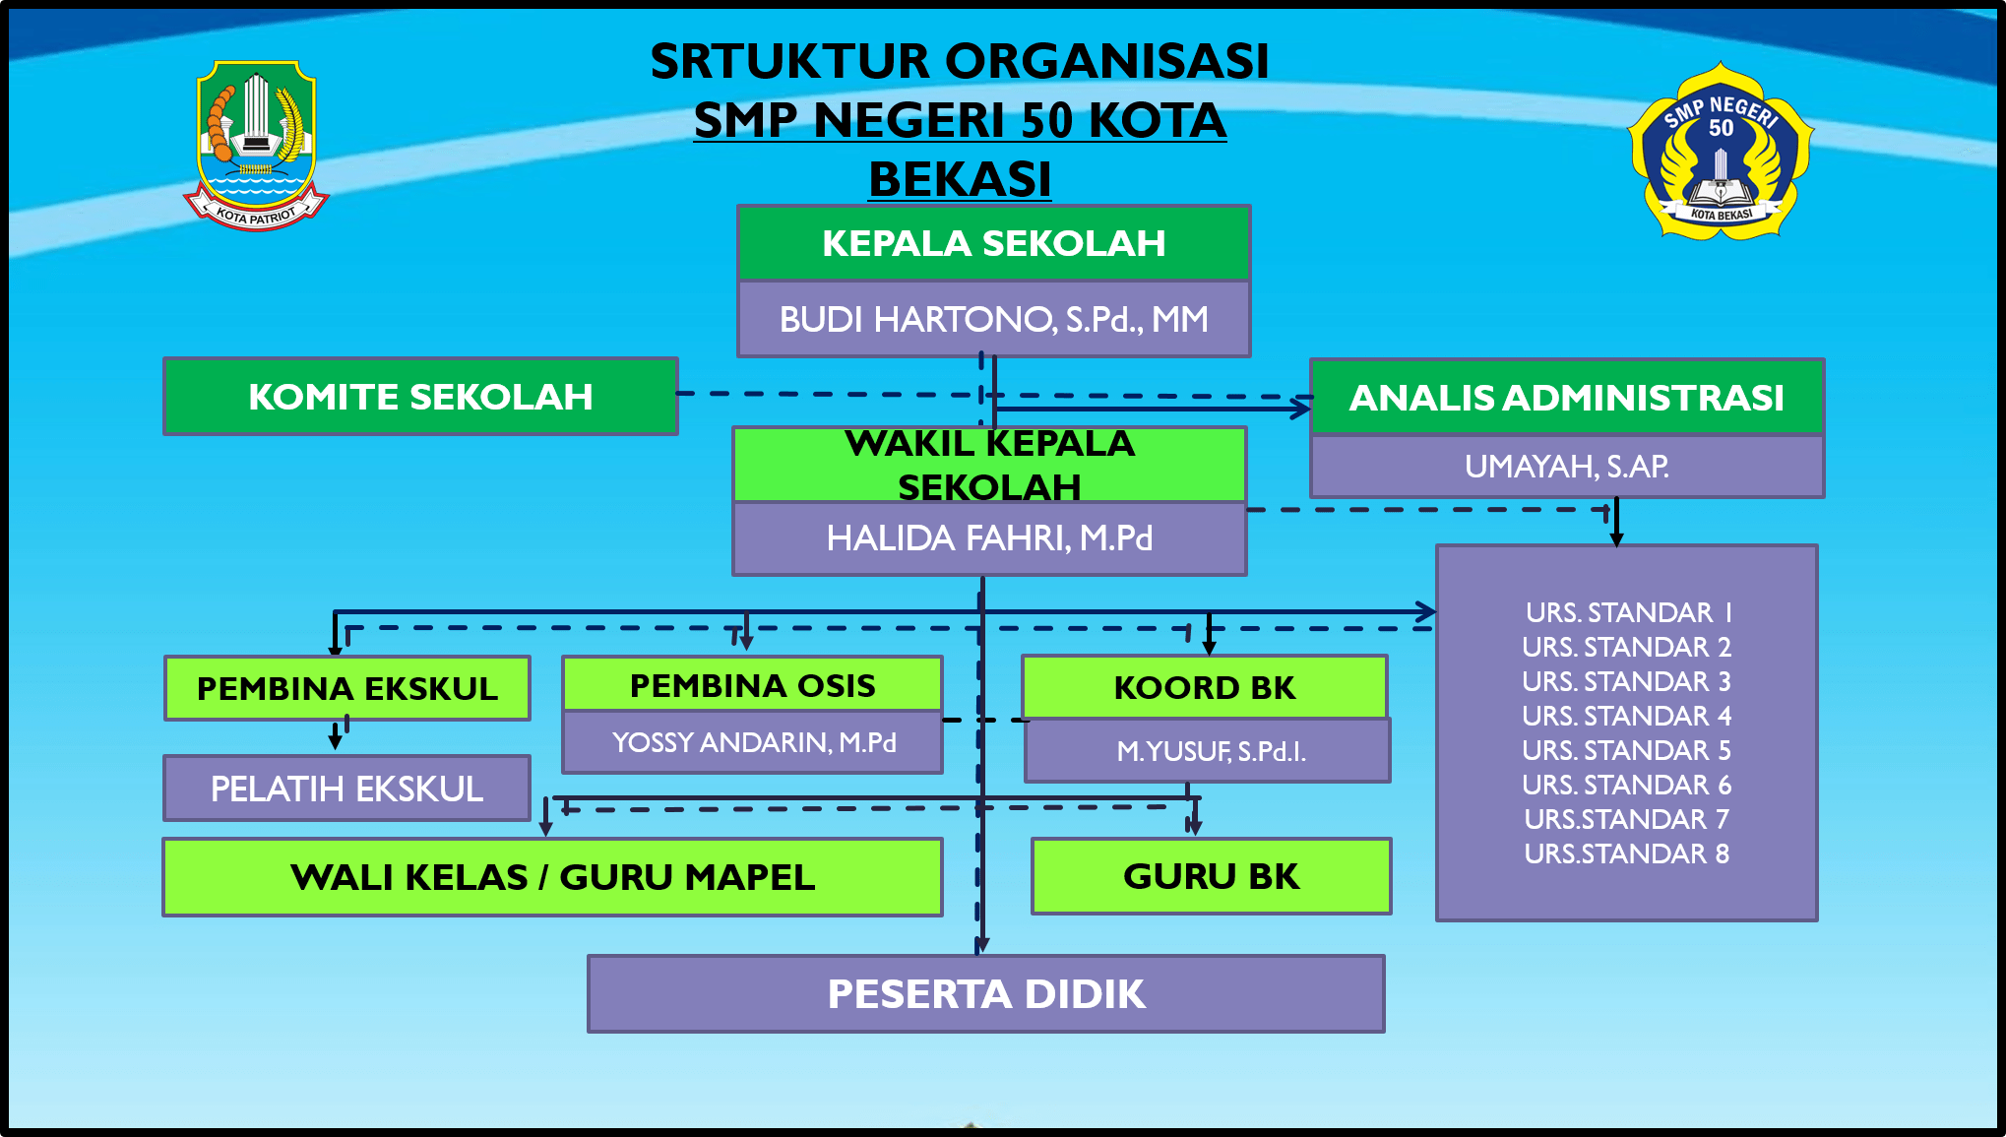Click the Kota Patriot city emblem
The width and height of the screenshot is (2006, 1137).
tap(256, 145)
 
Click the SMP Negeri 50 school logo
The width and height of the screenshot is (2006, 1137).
tap(1721, 153)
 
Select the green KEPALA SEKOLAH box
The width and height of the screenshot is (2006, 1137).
tap(993, 243)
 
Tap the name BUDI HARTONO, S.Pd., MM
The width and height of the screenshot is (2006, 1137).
tap(993, 320)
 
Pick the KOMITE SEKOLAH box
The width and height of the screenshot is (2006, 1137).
tap(420, 397)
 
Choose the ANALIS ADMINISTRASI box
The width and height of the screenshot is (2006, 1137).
tap(1566, 398)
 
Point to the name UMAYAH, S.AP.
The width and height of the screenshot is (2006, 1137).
tap(1566, 467)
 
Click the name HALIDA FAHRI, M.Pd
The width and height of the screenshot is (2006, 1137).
tap(989, 538)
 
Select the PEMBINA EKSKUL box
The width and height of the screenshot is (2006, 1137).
tap(347, 688)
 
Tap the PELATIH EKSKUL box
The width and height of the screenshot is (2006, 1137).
tap(346, 789)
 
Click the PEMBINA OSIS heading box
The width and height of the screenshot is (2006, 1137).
tap(752, 685)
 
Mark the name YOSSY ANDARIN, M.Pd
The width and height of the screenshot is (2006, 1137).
tap(753, 742)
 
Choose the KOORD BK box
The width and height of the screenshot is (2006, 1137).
tap(1204, 687)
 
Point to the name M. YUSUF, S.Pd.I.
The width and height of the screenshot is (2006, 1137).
tap(1210, 751)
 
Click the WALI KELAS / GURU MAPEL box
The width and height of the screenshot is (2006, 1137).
tap(552, 877)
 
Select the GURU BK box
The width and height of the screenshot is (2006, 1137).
tap(1211, 876)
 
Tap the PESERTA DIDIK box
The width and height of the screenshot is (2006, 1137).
tap(985, 994)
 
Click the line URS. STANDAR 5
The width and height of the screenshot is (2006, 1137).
tap(1626, 750)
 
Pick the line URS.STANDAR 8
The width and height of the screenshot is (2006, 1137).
tap(1626, 853)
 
